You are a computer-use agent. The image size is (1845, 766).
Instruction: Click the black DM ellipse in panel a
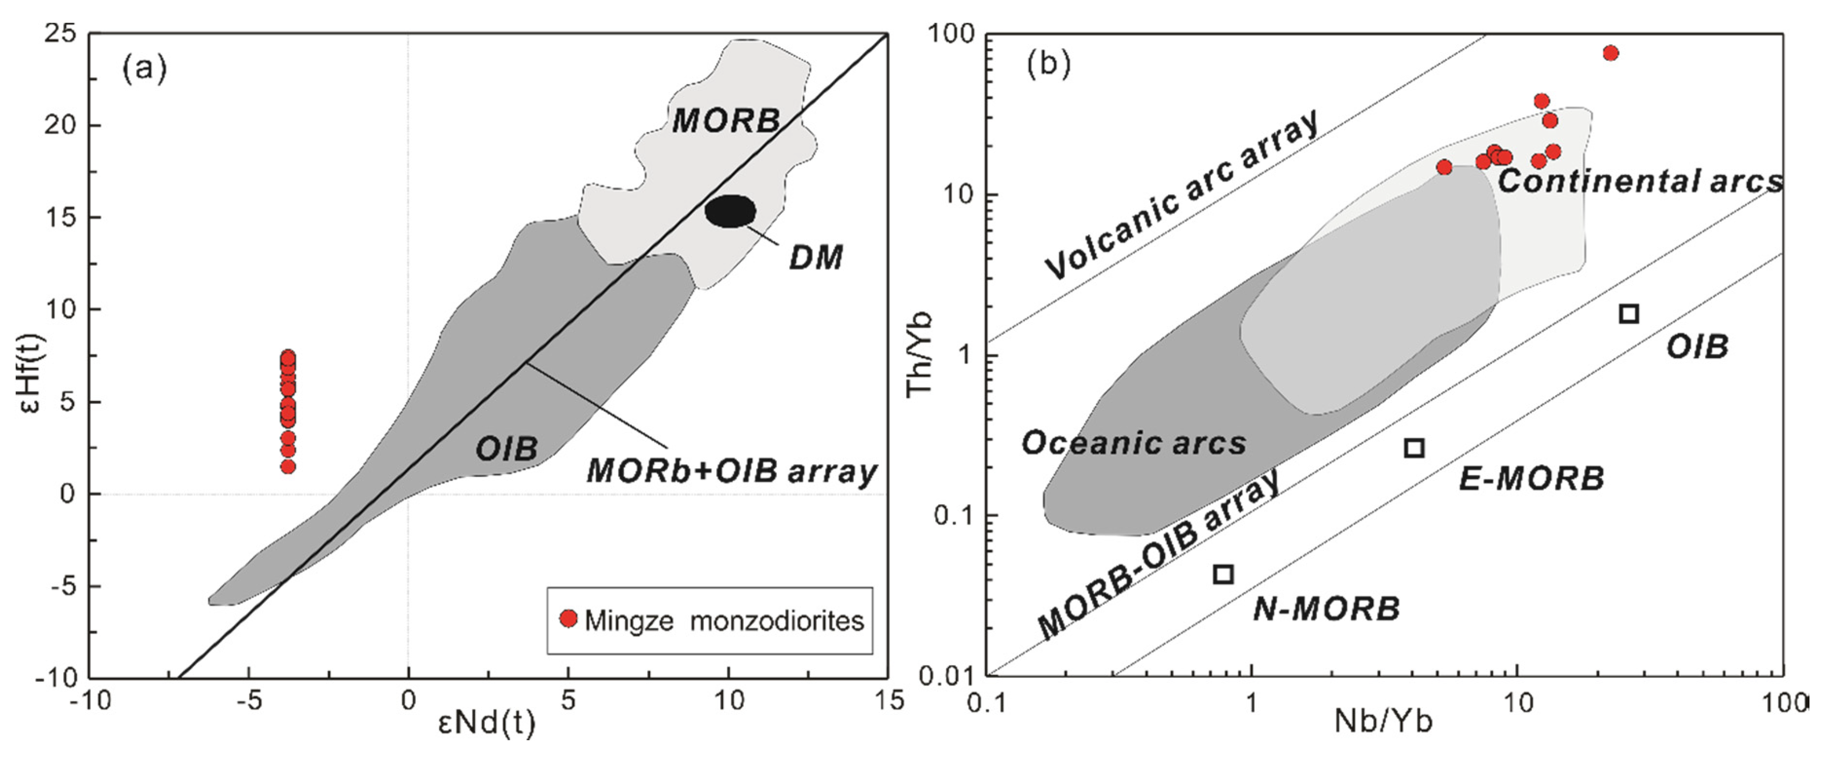click(x=730, y=211)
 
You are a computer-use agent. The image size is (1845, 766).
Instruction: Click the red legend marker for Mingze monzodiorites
click(x=568, y=619)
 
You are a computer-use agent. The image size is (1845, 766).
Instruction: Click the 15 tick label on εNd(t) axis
click(x=888, y=700)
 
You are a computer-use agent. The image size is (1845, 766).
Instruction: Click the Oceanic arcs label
click(x=1133, y=443)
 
